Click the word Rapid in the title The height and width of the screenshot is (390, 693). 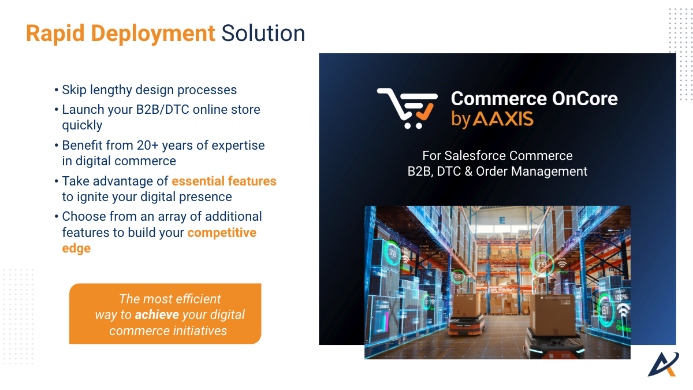coord(55,34)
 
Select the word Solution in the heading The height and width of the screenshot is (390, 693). coord(263,33)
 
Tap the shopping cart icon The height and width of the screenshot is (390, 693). coord(407,109)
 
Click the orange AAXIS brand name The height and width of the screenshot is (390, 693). coord(504,119)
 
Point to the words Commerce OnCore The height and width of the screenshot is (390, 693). coord(534,98)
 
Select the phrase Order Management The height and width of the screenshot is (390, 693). coord(531,171)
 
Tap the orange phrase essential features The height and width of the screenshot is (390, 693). coord(224,181)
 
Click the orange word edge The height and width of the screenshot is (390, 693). coord(76,248)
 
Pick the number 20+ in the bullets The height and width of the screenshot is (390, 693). coord(148,145)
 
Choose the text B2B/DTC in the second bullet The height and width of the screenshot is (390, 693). coord(162,110)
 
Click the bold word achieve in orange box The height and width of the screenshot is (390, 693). coord(157,315)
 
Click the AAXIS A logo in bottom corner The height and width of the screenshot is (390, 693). coord(663,365)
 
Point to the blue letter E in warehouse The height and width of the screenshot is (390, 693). coord(502,220)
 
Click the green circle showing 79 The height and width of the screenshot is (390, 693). coord(542,265)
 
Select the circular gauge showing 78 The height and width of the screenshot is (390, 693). coord(392,253)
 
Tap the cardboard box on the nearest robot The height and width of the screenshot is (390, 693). coord(552,314)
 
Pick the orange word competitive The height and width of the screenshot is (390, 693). coord(222,233)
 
